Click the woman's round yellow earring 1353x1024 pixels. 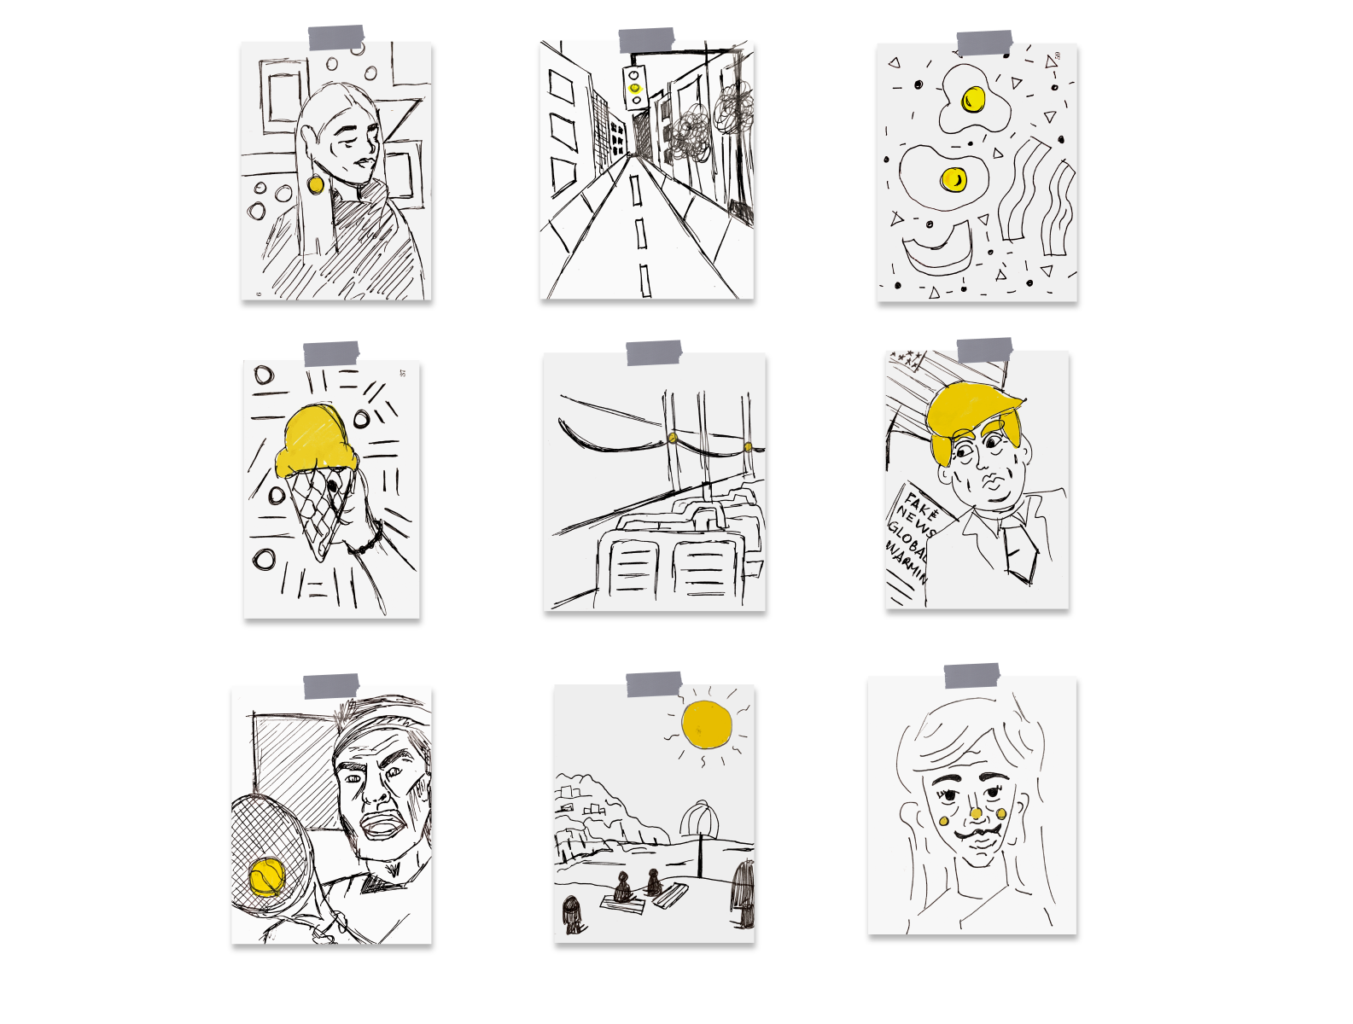315,184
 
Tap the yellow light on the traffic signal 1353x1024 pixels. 634,87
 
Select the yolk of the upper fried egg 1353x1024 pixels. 972,100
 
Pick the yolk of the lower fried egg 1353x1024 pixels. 953,179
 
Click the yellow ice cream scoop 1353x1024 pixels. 315,439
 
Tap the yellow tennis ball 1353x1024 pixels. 266,876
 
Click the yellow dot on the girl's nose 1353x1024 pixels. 975,813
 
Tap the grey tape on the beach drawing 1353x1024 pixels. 654,684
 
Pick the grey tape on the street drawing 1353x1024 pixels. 646,40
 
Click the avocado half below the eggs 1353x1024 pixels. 937,247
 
